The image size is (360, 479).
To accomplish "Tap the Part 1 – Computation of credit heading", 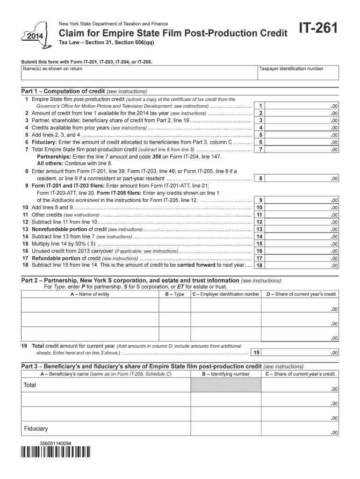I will coord(84,91).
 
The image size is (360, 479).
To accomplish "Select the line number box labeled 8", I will coord(260,178).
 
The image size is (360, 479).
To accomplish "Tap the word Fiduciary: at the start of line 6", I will coord(44,142).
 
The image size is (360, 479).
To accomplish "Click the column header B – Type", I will coord(174,294).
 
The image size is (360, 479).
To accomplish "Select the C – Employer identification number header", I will coord(225,294).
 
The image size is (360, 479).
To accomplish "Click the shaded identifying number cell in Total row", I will coord(225,385).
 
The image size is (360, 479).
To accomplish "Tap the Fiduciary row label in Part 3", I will coord(36,428).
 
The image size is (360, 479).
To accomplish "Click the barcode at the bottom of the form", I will coord(56,452).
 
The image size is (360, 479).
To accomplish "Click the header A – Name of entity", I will coord(90,294).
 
